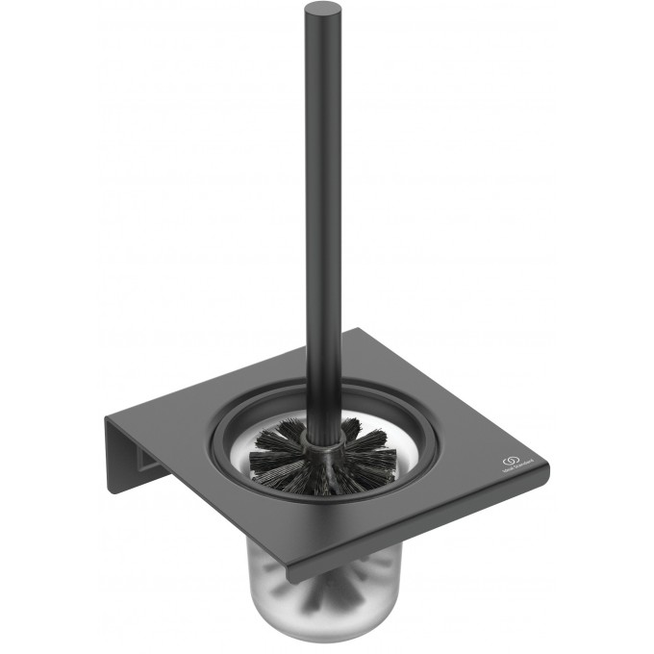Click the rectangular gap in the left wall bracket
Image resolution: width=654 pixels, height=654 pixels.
click(144, 466)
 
